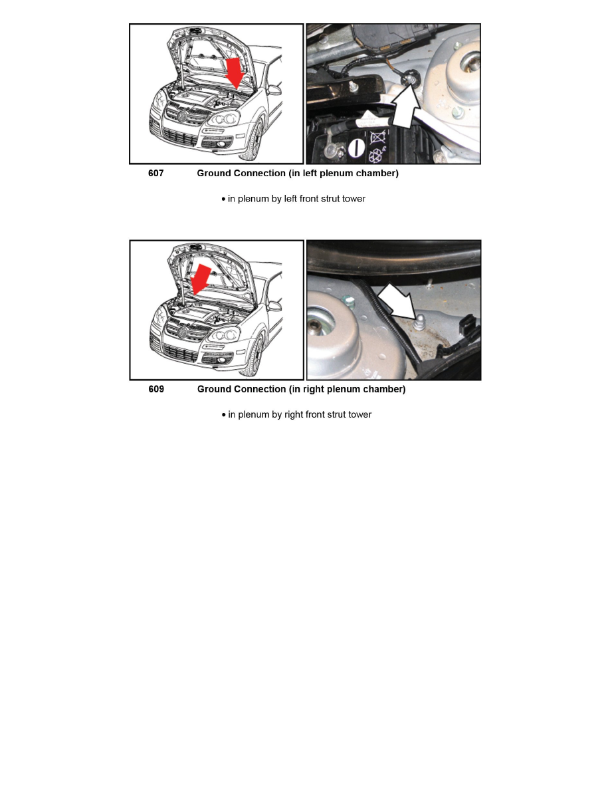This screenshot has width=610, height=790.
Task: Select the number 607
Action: pos(155,174)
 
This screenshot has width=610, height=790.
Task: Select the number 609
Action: pos(155,389)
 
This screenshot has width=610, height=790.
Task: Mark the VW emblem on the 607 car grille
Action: pos(181,117)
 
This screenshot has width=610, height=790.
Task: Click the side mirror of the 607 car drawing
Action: pos(273,90)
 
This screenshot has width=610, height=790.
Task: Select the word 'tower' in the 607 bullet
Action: pos(352,199)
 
